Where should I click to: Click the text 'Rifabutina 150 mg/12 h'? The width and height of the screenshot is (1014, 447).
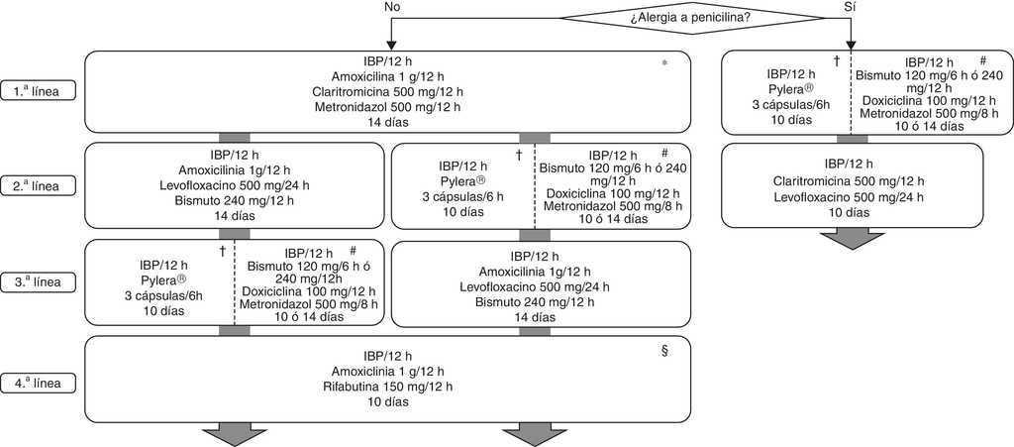tap(383, 387)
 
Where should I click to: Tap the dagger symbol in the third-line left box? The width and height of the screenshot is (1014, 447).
tap(222, 252)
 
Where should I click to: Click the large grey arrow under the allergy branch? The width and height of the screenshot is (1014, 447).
tap(852, 240)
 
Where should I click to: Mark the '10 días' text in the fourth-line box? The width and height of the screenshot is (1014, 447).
tap(383, 402)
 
